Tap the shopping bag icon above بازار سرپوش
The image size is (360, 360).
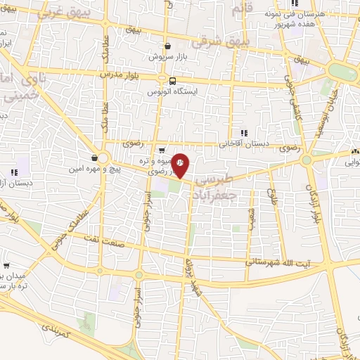[x=167, y=44]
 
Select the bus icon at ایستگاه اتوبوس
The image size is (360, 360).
[x=173, y=80]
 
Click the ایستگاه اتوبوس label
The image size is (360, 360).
[x=173, y=91]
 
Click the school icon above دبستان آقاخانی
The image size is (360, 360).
[x=243, y=132]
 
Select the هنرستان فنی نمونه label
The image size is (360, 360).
[x=295, y=13]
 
